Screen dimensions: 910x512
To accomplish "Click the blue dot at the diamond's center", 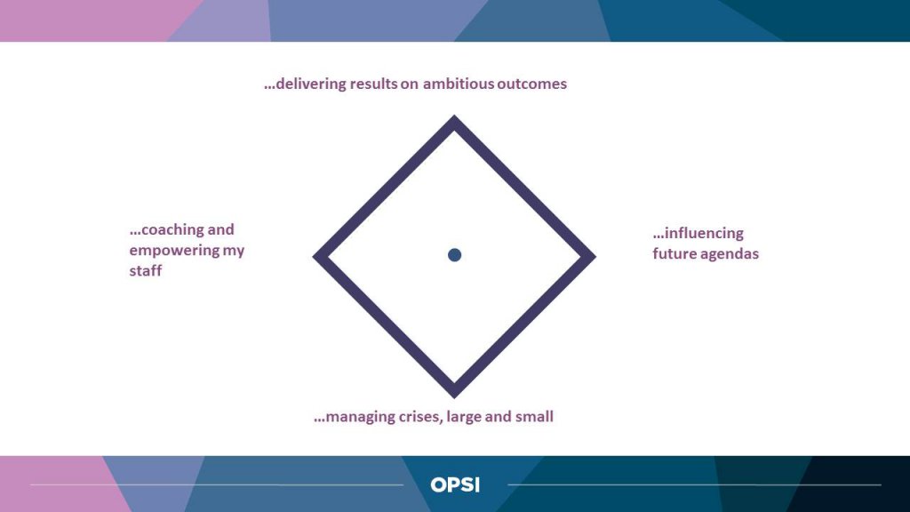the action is (x=454, y=255).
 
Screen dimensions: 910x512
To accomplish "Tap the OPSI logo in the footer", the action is (x=455, y=484).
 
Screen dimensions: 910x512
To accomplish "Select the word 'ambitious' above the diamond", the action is (x=459, y=84).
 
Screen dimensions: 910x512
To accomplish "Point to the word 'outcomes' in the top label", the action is (x=531, y=84).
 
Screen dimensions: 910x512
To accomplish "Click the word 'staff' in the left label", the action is (x=145, y=270).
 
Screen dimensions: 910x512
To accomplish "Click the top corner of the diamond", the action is (x=454, y=116).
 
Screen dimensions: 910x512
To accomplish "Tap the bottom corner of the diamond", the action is (x=454, y=397).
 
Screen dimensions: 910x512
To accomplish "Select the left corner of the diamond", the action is (x=314, y=256).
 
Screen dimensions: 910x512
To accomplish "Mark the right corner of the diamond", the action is (x=595, y=256).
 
